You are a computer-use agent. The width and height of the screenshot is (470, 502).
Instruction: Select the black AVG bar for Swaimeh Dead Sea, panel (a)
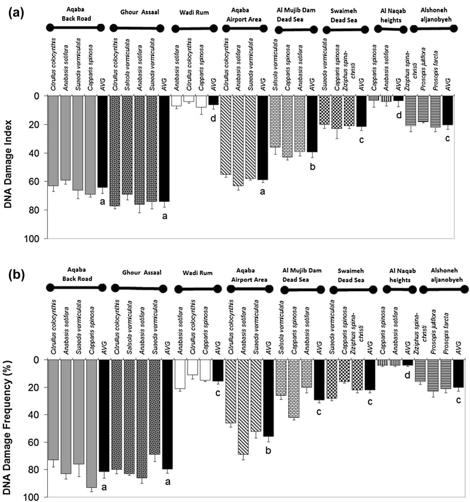(x=361, y=111)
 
